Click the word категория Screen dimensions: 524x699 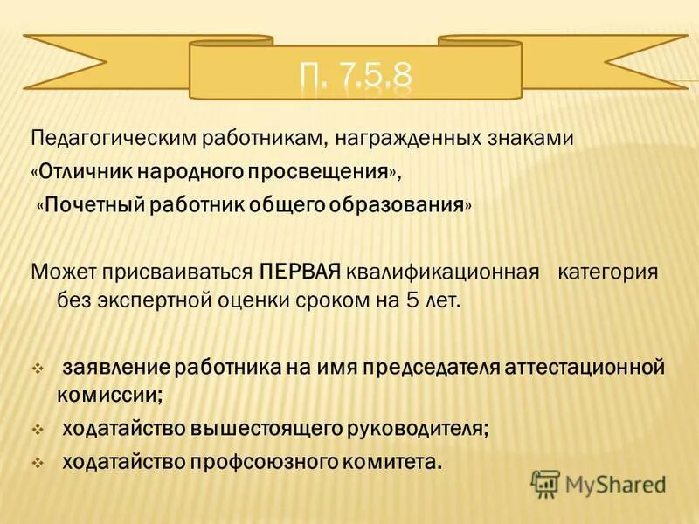(607, 271)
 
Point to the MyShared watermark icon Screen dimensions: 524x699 (545, 482)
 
